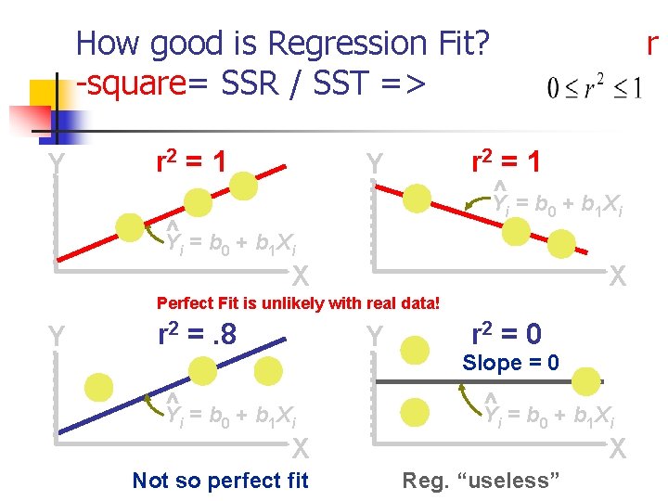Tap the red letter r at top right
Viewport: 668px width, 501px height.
(652, 43)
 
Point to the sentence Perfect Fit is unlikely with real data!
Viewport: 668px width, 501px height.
(298, 302)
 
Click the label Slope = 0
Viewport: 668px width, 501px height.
(510, 363)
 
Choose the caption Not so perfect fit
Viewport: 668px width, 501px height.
(220, 480)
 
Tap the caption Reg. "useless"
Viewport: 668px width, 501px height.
(481, 480)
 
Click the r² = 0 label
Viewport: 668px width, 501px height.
(507, 332)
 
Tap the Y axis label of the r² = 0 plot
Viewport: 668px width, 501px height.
(374, 336)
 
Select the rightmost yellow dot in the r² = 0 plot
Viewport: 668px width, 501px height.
(585, 379)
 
